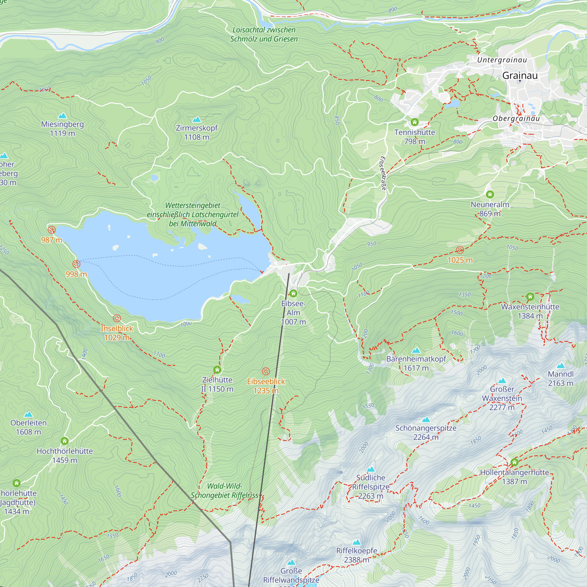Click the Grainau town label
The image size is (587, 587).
coord(520,75)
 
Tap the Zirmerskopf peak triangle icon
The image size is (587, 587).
coord(197,119)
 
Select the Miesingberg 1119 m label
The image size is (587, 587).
coord(62,129)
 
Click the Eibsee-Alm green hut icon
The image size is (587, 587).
coord(293,293)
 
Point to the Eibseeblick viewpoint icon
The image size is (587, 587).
coord(266,371)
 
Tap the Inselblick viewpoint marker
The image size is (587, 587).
coord(117,318)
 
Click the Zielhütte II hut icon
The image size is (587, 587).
coord(217,370)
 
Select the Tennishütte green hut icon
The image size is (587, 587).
coord(415,122)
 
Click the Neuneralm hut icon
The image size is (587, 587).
coord(490,194)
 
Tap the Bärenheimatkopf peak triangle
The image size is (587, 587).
coord(416,351)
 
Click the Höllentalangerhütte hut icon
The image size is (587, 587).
coord(515,463)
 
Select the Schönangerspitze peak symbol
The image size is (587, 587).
coord(426,420)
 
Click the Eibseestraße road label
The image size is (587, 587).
coord(383,173)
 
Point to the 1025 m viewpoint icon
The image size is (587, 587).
coord(460,250)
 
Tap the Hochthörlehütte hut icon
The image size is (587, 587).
coord(64,441)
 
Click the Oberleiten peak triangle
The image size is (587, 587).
coord(28,414)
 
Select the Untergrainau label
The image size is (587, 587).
coord(502,60)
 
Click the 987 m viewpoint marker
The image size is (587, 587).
coord(52,230)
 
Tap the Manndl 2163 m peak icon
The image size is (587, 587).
coord(561,366)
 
